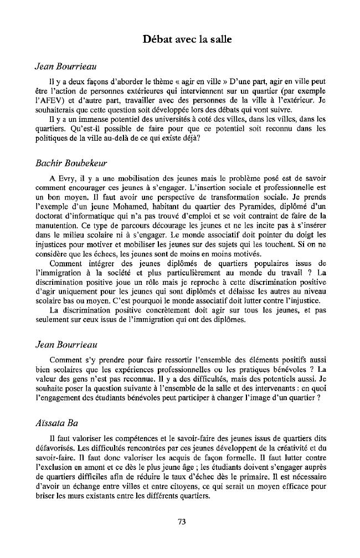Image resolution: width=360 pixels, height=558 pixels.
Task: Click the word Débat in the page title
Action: pos(158,39)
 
